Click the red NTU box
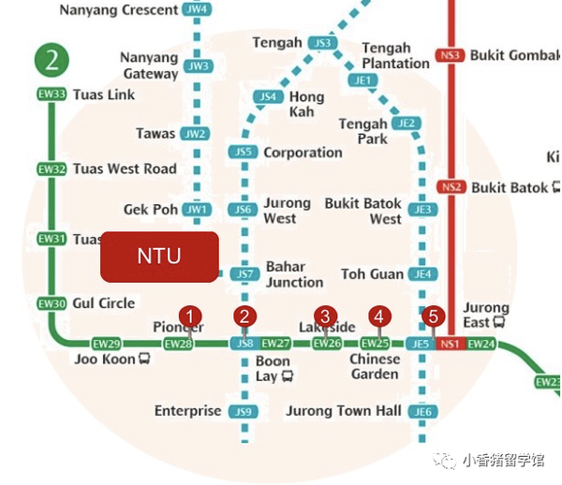(x=159, y=257)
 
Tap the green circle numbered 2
(x=52, y=61)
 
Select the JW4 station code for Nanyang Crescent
(x=197, y=10)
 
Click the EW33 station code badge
(x=52, y=95)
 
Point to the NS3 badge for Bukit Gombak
(x=451, y=55)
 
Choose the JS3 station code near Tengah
(x=323, y=43)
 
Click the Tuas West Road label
(x=125, y=169)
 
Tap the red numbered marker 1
(x=191, y=316)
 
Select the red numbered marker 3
(x=326, y=316)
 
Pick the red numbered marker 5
(x=432, y=316)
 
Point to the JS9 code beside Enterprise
(x=244, y=412)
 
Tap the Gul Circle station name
(x=104, y=303)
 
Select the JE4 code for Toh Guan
(x=423, y=274)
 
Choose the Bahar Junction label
(x=294, y=274)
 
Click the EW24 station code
(x=481, y=345)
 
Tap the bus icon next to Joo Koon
(x=144, y=359)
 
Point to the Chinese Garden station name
(x=375, y=367)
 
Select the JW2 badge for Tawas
(x=195, y=134)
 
